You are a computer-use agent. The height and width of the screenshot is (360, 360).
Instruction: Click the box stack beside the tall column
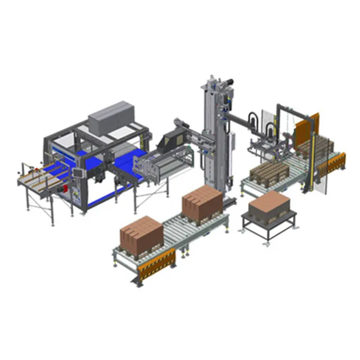(x=202, y=202)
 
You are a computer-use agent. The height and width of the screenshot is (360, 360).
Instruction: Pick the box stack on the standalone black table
(x=269, y=206)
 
